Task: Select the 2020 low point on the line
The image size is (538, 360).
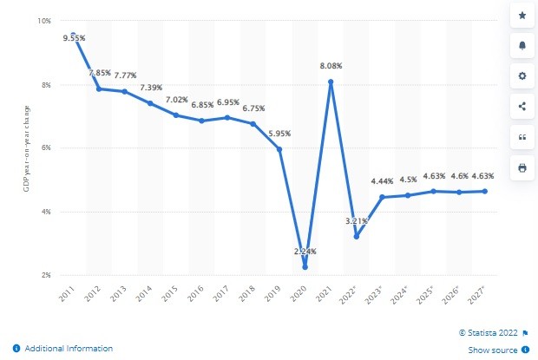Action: click(305, 267)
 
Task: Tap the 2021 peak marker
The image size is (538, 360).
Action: click(331, 82)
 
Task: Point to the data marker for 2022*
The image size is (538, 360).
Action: click(356, 236)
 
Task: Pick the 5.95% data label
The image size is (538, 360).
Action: click(279, 134)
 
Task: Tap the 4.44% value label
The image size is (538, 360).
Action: click(383, 181)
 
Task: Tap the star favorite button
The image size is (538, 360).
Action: click(522, 16)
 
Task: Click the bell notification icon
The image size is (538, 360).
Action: click(522, 46)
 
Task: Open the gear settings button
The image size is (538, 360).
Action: click(522, 76)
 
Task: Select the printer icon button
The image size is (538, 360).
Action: click(522, 167)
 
